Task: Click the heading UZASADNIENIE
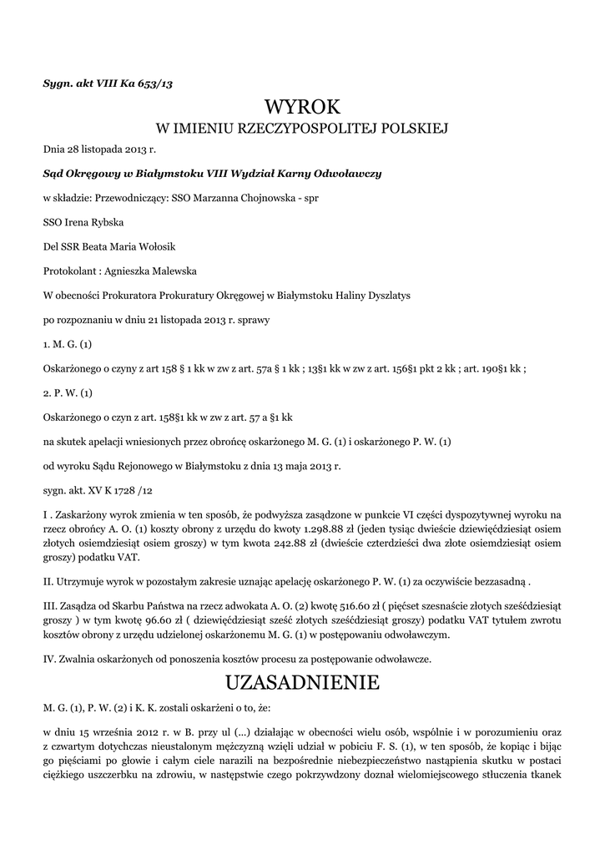click(302, 682)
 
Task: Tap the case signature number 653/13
click(155, 82)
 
